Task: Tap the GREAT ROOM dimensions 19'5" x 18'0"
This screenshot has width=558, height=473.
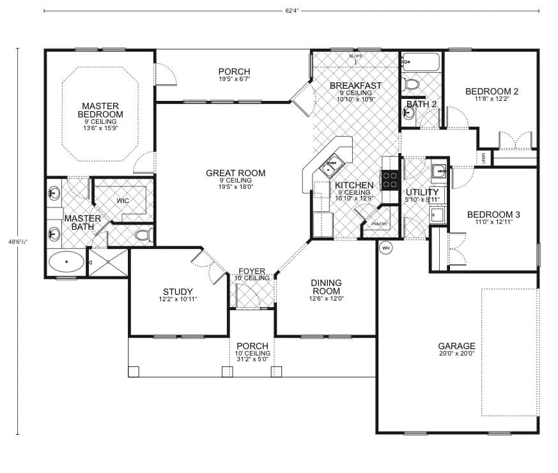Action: click(x=235, y=187)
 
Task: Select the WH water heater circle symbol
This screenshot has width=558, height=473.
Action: click(x=385, y=247)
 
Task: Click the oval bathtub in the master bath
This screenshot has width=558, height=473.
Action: click(x=66, y=262)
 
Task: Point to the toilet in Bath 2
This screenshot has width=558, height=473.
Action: click(x=412, y=84)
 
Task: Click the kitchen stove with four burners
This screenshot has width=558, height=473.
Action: click(x=390, y=180)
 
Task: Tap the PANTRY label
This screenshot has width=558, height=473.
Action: click(x=380, y=224)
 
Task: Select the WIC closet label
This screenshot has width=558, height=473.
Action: click(x=123, y=200)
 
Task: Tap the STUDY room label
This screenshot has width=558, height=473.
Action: click(x=178, y=292)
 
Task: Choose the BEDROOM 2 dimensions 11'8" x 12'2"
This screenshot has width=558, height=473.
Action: click(x=492, y=99)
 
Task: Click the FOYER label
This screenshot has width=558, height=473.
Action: click(x=252, y=271)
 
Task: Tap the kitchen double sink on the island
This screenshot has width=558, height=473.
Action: click(x=332, y=165)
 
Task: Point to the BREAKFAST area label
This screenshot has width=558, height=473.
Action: click(x=355, y=86)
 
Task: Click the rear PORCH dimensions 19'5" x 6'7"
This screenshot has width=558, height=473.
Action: click(x=233, y=80)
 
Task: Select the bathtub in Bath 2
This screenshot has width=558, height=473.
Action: click(x=421, y=63)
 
